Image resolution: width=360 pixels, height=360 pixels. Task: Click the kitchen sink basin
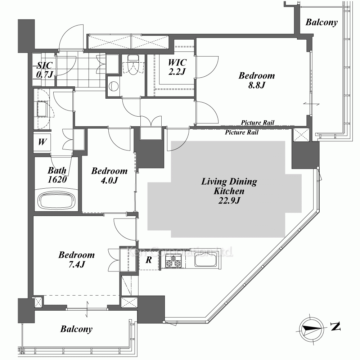[x=206, y=260]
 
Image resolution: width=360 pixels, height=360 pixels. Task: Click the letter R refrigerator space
[x=149, y=260]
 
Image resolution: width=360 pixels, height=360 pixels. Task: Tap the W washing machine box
[x=42, y=141]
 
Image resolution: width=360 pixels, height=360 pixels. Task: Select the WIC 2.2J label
[x=177, y=67]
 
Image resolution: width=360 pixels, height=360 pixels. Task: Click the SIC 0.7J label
[x=45, y=69]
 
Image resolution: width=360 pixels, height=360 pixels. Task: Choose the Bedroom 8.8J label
[x=256, y=80]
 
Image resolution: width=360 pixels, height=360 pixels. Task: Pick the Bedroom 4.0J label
[x=109, y=175]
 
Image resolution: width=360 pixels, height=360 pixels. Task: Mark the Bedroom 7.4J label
[x=76, y=260]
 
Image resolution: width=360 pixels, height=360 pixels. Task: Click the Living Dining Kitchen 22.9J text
[x=229, y=191]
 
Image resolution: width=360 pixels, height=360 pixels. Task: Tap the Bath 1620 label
[x=57, y=175]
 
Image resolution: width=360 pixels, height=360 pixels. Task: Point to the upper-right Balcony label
[x=321, y=22]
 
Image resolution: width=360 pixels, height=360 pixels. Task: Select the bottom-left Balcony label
[x=76, y=329]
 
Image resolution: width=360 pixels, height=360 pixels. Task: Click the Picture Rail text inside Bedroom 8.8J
[x=257, y=122]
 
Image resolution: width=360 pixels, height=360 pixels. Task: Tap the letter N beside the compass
[x=336, y=326]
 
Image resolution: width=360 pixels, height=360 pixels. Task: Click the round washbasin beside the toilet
[x=113, y=86]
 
